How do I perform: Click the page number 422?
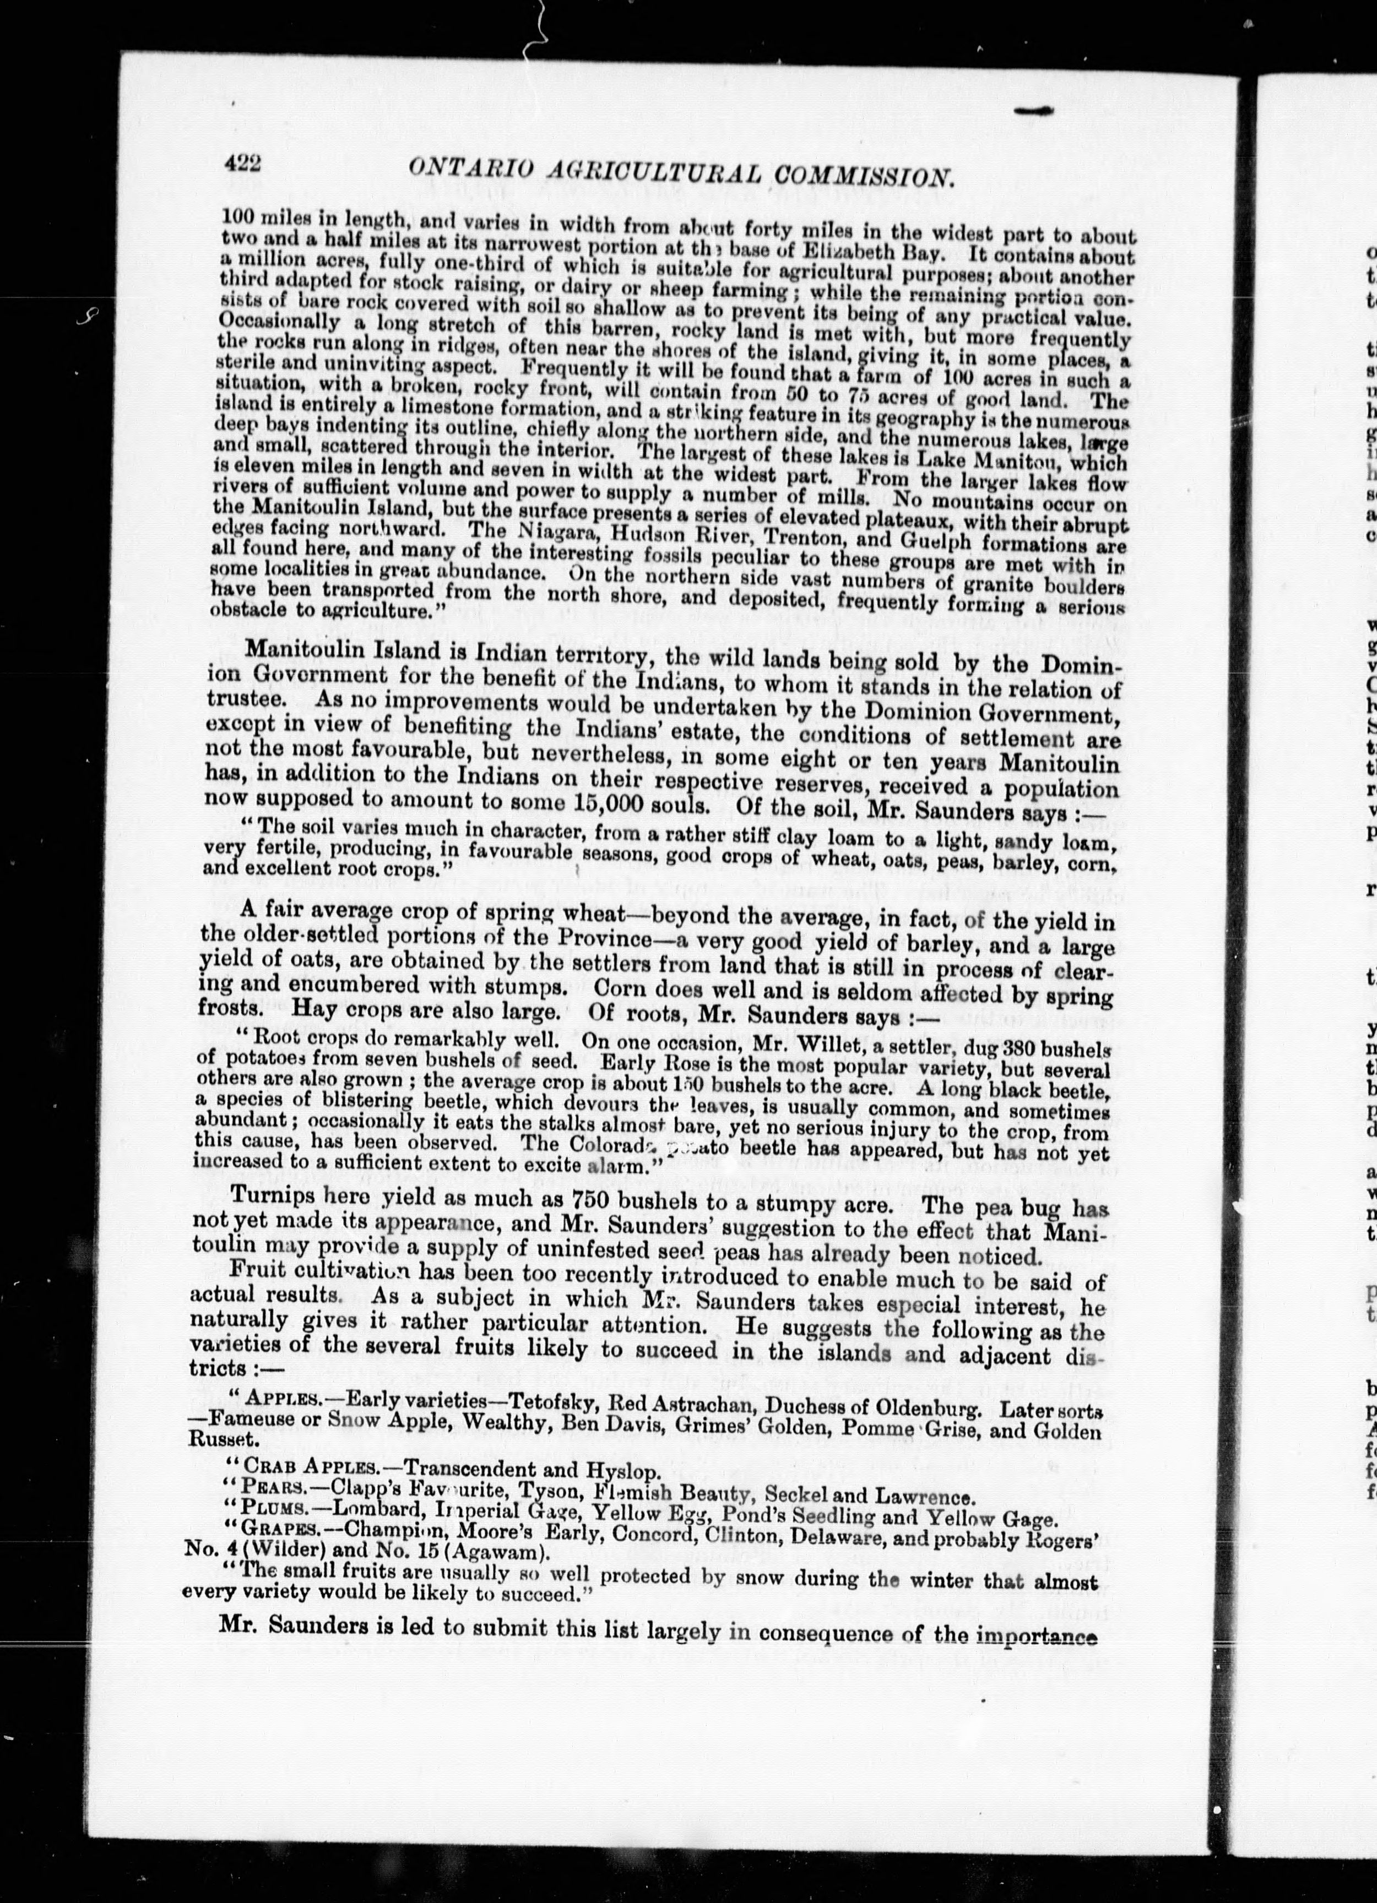click(x=243, y=166)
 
